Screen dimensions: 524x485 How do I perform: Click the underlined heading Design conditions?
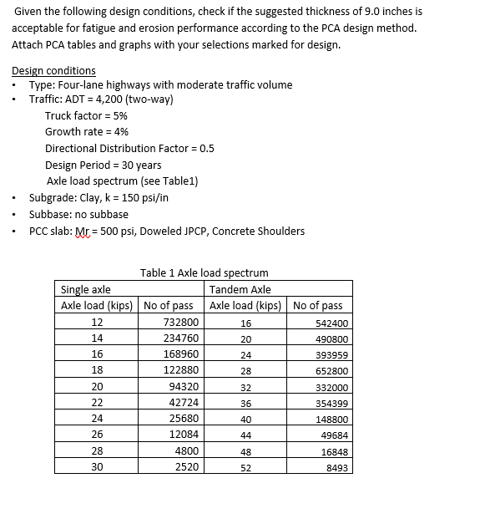pyautogui.click(x=53, y=70)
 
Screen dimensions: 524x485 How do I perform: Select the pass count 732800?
pyautogui.click(x=181, y=323)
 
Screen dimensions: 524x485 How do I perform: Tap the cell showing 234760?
pyautogui.click(x=181, y=338)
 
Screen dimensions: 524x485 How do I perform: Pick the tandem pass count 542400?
pyautogui.click(x=332, y=323)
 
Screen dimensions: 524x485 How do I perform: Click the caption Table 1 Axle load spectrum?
pyautogui.click(x=204, y=272)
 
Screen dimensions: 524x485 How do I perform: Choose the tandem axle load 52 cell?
pyautogui.click(x=245, y=468)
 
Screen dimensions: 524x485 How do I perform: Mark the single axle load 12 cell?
pyautogui.click(x=97, y=323)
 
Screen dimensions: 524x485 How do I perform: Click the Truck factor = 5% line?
pyautogui.click(x=86, y=115)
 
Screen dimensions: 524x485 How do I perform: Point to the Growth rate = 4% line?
pyautogui.click(x=87, y=131)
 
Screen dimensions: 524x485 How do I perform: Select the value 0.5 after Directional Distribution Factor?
pyautogui.click(x=206, y=148)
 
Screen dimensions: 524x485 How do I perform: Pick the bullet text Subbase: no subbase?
pyautogui.click(x=78, y=214)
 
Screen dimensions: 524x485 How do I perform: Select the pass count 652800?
pyautogui.click(x=332, y=371)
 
